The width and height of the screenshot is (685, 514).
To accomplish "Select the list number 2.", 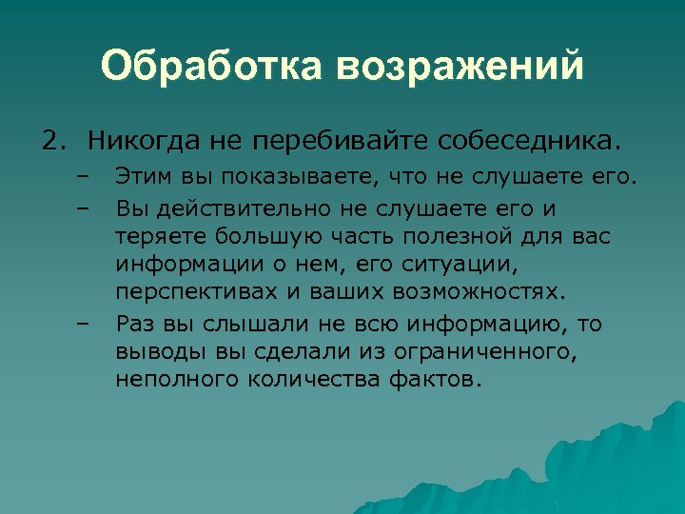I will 53,142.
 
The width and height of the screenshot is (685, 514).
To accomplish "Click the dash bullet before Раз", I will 83,324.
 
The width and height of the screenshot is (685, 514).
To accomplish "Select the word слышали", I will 245,324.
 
